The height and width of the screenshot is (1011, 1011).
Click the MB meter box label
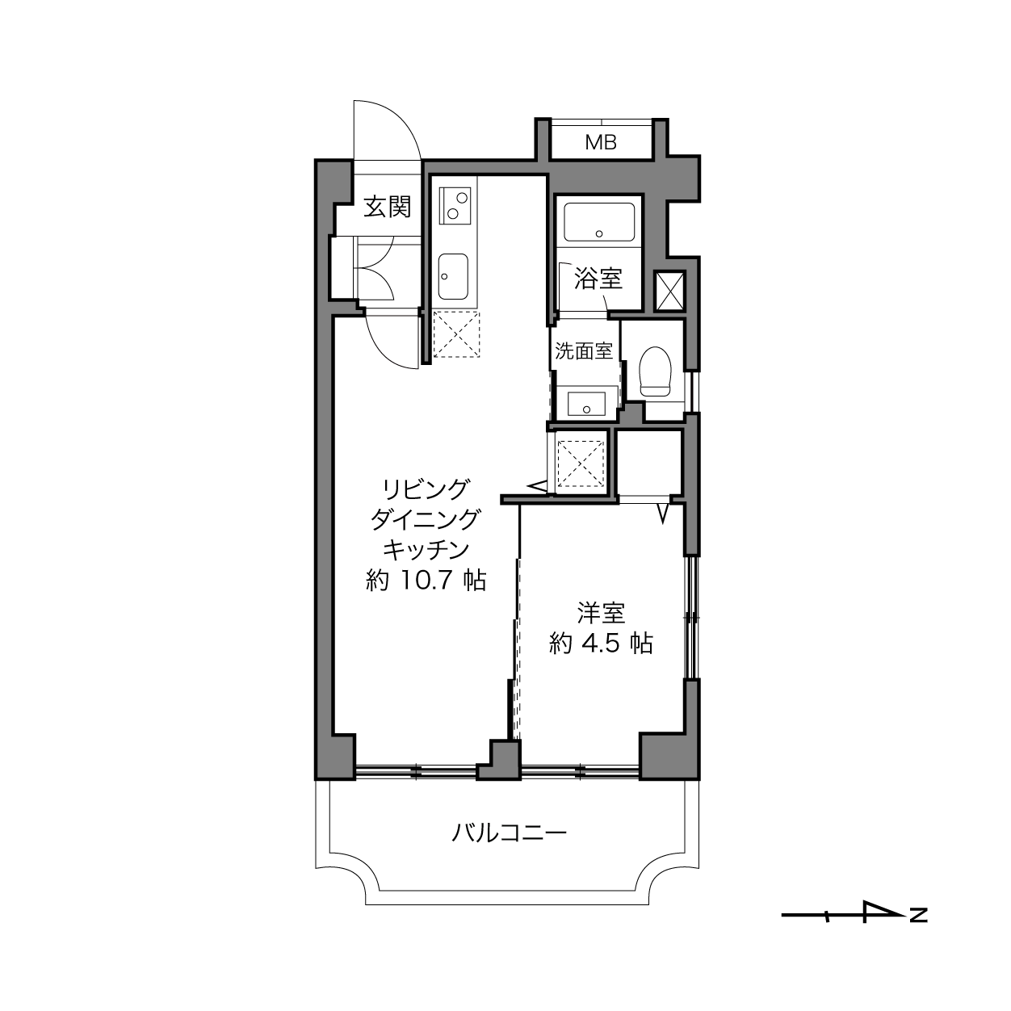tap(601, 142)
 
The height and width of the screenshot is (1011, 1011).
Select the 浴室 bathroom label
tap(598, 278)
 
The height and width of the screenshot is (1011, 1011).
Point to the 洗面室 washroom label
tap(584, 350)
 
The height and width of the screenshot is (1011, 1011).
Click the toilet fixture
tap(655, 371)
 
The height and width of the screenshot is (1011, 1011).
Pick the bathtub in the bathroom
tap(599, 222)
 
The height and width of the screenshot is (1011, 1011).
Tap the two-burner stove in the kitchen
tap(455, 206)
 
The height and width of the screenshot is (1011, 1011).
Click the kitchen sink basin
tap(453, 276)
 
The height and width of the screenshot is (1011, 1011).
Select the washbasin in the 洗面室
tap(586, 403)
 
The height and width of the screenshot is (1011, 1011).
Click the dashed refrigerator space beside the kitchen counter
tap(456, 335)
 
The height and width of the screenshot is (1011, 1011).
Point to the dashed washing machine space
tap(581, 464)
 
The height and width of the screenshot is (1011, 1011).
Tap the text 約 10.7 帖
tap(426, 581)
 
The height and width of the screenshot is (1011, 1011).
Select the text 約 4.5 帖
tap(601, 644)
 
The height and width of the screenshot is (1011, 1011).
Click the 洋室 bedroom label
tap(601, 613)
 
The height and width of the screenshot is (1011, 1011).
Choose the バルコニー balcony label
tap(509, 832)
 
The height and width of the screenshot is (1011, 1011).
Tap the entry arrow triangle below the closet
tap(663, 514)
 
